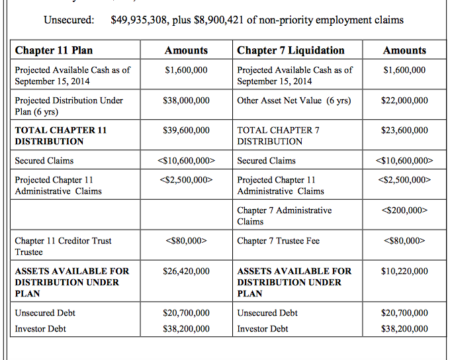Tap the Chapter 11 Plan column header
click(x=54, y=50)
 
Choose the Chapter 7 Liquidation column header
click(x=291, y=50)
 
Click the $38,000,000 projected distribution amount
click(x=186, y=101)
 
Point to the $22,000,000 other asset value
click(x=404, y=101)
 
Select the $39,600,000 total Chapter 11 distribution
click(x=186, y=130)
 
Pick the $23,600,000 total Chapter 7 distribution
click(x=404, y=130)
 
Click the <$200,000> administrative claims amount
click(x=404, y=210)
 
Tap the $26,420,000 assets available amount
click(x=186, y=271)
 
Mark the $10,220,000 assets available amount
click(x=404, y=271)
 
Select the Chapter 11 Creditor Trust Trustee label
click(x=63, y=246)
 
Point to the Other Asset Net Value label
click(x=294, y=101)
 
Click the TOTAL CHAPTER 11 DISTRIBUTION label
click(x=60, y=136)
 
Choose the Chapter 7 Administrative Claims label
click(x=284, y=216)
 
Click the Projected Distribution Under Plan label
click(x=69, y=106)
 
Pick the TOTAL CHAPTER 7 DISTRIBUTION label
click(x=278, y=136)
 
